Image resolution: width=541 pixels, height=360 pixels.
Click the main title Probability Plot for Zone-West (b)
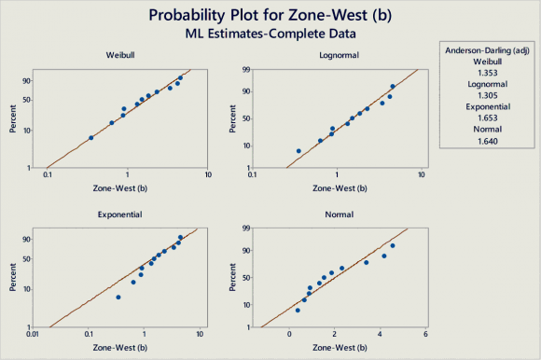(x=270, y=16)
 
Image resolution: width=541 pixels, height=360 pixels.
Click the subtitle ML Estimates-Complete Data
(x=270, y=34)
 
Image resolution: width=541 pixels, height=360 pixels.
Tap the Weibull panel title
(x=120, y=55)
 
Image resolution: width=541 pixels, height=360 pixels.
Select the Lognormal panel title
(x=339, y=55)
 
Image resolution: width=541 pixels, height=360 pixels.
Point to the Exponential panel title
(x=119, y=215)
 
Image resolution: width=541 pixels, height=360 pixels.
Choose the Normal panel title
(x=340, y=215)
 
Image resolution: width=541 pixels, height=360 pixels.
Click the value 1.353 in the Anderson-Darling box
(x=488, y=73)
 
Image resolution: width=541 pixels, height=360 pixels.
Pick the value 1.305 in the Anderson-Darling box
(x=488, y=95)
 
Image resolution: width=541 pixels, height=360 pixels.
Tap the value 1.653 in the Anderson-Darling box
(x=488, y=118)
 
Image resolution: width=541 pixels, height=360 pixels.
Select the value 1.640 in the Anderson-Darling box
(x=488, y=141)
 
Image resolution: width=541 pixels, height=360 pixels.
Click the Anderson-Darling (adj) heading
(x=487, y=50)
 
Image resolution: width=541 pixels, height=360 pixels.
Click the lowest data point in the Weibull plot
(x=91, y=138)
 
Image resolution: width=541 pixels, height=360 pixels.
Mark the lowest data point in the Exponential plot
(x=118, y=298)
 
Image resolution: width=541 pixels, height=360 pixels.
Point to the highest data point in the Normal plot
(x=393, y=246)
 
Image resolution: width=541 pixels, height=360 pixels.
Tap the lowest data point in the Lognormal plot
(x=298, y=151)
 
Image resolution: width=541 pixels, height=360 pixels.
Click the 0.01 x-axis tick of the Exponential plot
(x=33, y=334)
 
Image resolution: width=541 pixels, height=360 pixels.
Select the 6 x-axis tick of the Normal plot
(x=425, y=334)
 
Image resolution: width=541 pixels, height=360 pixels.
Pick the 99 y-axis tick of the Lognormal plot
(x=246, y=70)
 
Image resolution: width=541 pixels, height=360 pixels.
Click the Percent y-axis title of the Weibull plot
(x=13, y=118)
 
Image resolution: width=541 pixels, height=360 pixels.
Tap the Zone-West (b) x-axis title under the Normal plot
(x=340, y=348)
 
